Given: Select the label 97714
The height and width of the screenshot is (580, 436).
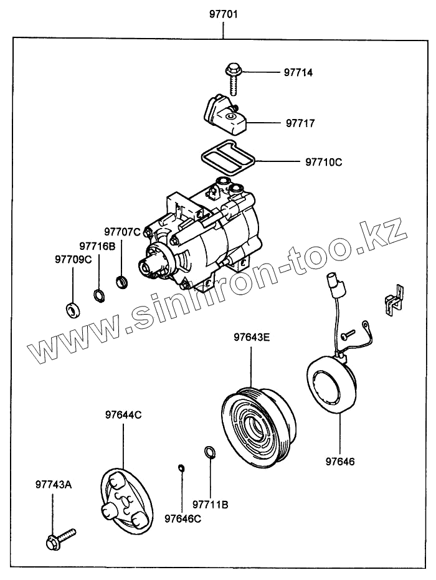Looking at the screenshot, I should (299, 73).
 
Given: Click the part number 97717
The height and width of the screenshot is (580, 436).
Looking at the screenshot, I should (301, 123).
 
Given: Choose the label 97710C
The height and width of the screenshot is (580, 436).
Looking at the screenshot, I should (324, 163).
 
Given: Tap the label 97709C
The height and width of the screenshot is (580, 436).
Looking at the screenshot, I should (73, 259).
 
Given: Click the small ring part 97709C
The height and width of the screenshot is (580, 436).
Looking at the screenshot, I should (72, 308).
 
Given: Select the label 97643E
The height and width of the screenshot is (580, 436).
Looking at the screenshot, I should (252, 338).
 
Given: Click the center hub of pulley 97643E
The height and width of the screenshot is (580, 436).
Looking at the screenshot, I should (255, 427).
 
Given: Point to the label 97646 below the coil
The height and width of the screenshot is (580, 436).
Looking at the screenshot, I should (340, 462).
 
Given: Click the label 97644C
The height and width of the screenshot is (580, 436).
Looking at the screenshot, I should (123, 414).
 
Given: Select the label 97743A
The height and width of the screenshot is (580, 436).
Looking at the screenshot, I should (54, 483).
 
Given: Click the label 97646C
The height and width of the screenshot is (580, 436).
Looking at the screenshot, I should (182, 518).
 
